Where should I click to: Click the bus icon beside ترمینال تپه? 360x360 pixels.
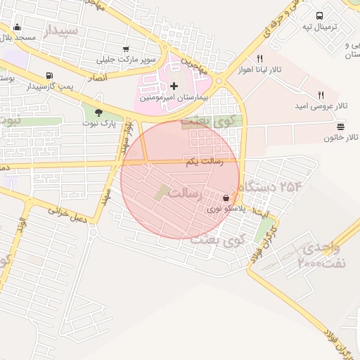click(x=320, y=15)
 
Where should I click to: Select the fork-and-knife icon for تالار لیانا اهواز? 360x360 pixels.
click(x=260, y=59)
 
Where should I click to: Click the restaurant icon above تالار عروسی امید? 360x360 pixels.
click(x=321, y=94)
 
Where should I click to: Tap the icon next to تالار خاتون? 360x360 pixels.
click(x=341, y=127)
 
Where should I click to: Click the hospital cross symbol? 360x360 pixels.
click(x=174, y=86)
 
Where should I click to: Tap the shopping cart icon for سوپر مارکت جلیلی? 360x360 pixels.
click(x=126, y=49)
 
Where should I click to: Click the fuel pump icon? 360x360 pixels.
click(x=49, y=76)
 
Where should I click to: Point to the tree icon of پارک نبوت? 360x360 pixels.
click(x=98, y=112)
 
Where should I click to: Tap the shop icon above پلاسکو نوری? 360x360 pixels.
click(x=226, y=199)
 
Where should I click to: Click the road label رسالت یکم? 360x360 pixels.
click(x=204, y=162)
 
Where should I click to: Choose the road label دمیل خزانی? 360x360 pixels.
click(x=67, y=214)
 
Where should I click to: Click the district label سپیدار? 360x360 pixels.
click(x=62, y=31)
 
